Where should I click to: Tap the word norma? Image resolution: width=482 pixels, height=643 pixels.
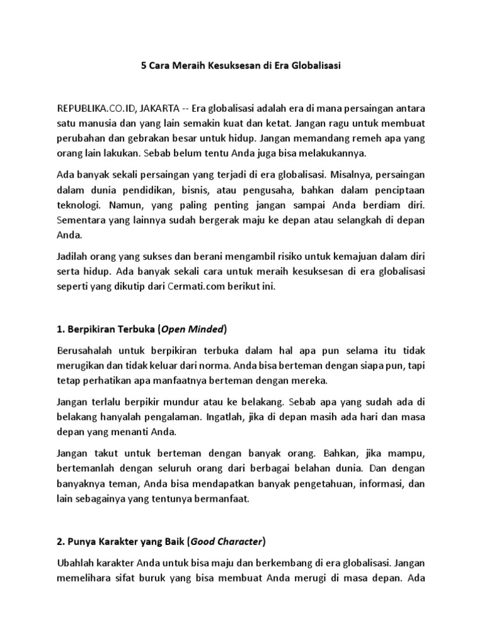[228, 365]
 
